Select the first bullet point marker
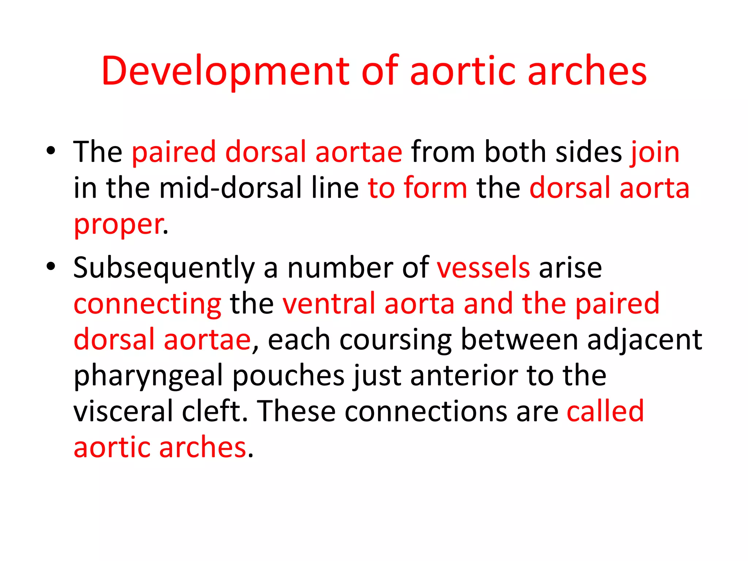tap(51, 150)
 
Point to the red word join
tap(654, 152)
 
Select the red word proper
tap(118, 224)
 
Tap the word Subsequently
tap(164, 268)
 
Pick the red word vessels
tap(483, 268)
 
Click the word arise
tap(570, 268)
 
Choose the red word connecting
tap(147, 304)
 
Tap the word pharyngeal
tap(148, 376)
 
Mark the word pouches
tap(289, 376)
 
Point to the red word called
tap(605, 411)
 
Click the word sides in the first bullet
tap(588, 152)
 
